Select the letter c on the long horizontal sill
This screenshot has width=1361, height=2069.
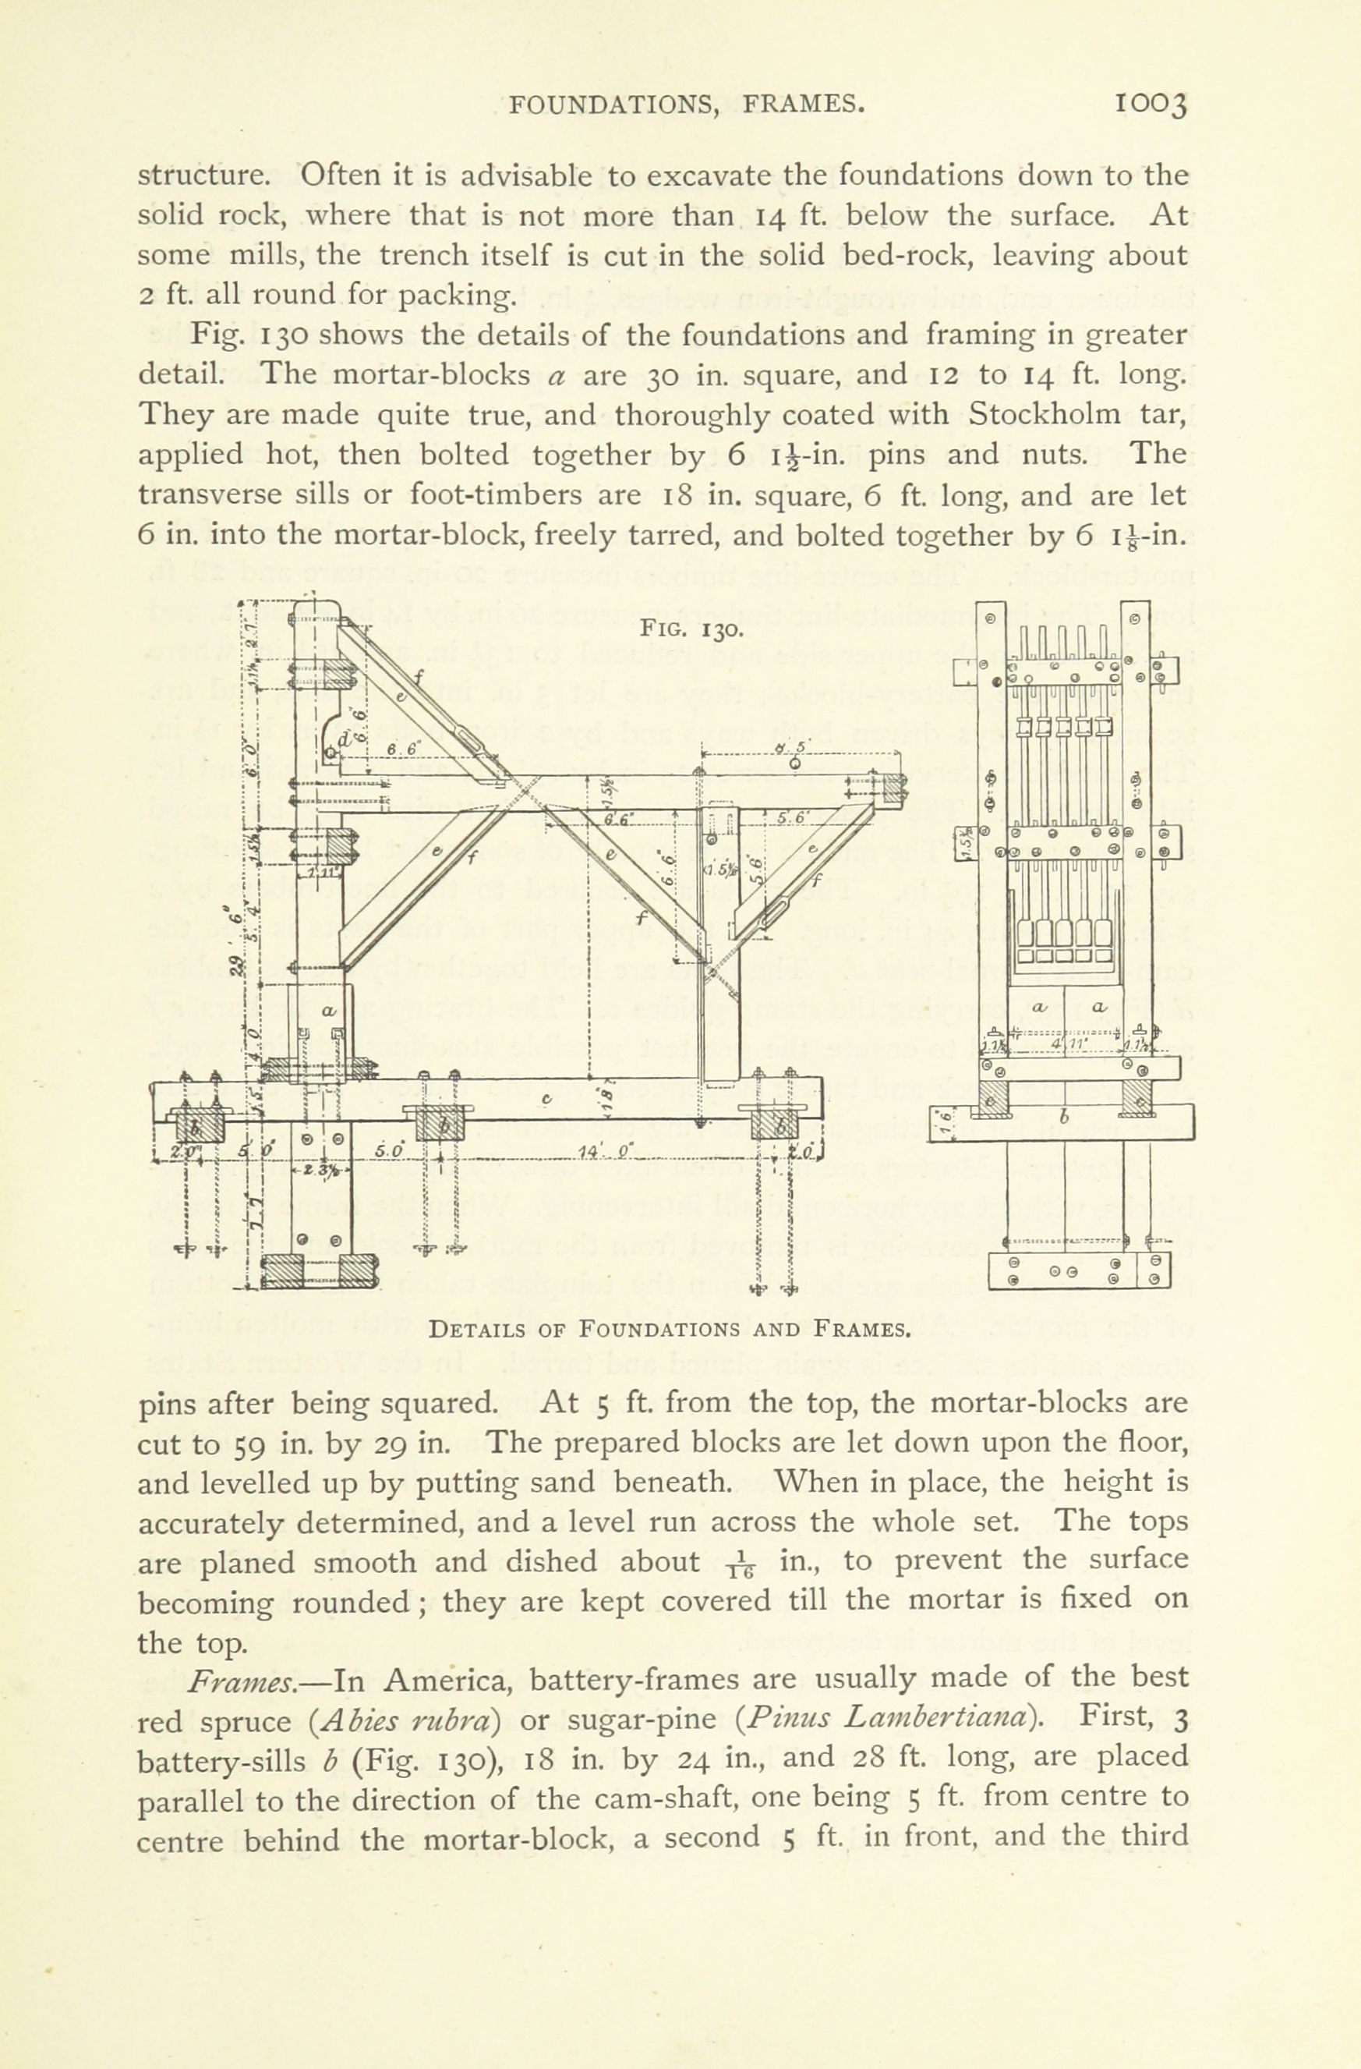point(546,1100)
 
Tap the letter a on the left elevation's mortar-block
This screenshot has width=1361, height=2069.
point(327,1010)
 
